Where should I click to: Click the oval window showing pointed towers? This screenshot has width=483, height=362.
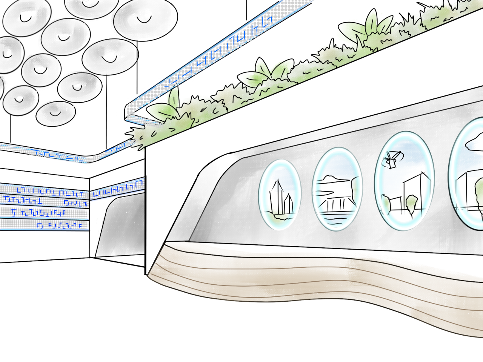(280, 195)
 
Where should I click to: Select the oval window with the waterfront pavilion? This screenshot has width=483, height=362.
(337, 189)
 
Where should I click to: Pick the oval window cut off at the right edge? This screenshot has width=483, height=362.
(467, 173)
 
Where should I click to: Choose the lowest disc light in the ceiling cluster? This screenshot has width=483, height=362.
(56, 113)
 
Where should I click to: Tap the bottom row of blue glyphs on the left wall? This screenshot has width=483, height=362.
(45, 226)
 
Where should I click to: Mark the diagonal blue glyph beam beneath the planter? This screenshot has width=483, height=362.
(219, 57)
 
